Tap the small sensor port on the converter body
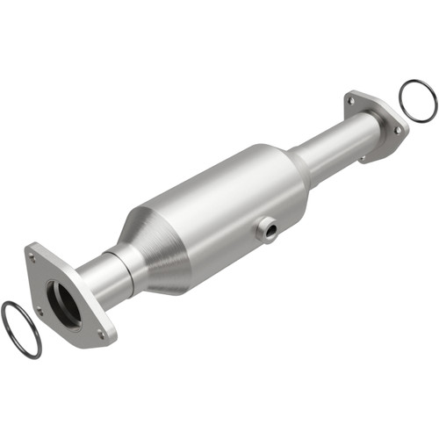point(266,228)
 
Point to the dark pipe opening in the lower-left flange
point(62,299)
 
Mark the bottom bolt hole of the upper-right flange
point(362,158)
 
